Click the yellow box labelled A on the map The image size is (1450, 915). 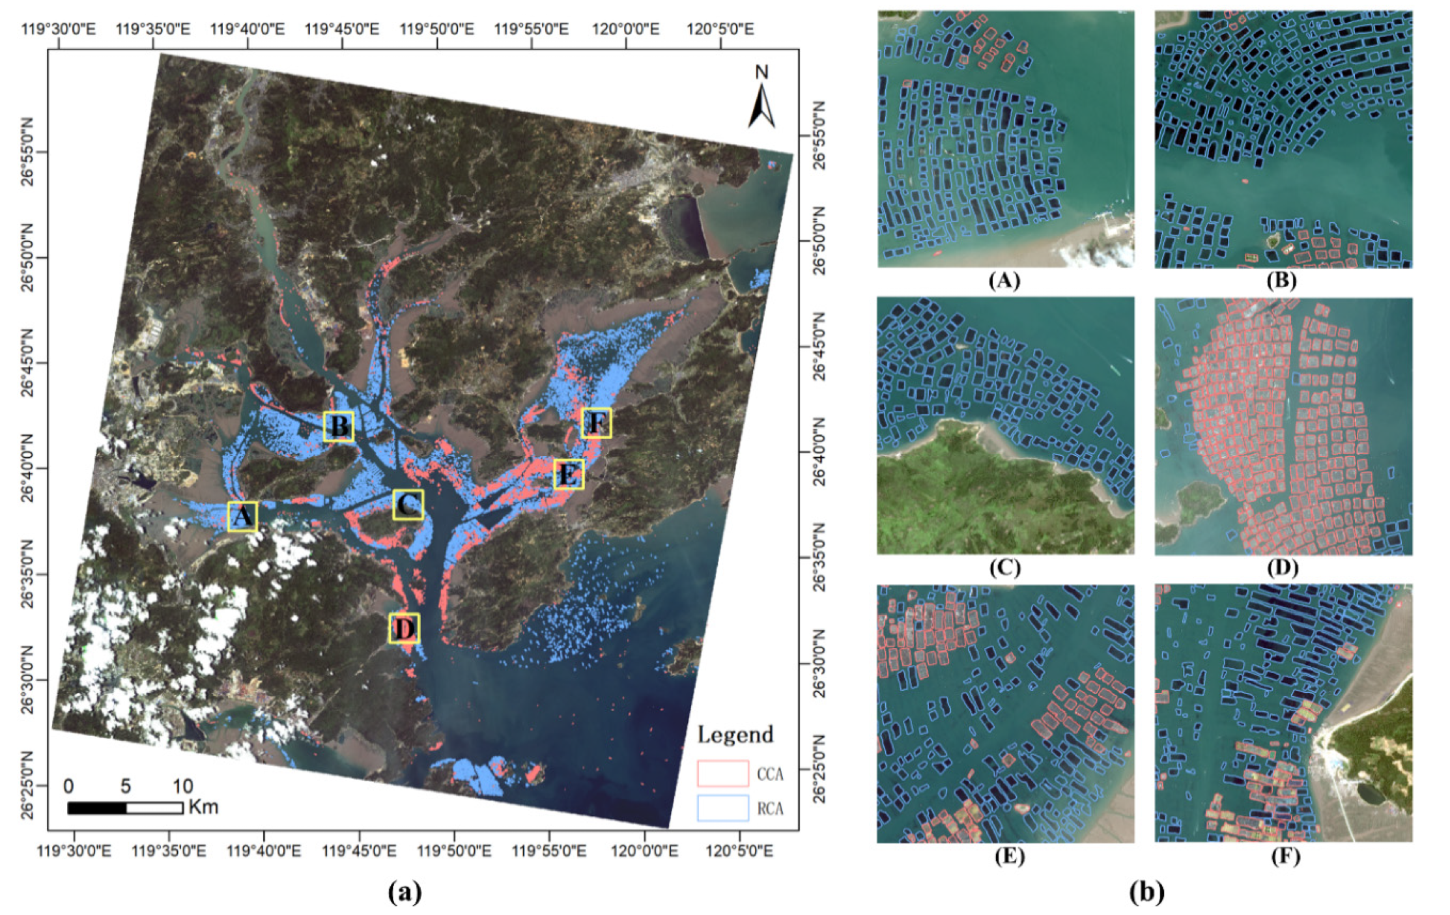[x=242, y=516]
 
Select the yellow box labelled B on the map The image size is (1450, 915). [x=339, y=427]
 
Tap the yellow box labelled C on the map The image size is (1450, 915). [x=408, y=505]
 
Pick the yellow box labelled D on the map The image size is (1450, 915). [x=404, y=628]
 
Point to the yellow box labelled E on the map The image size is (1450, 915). [x=569, y=474]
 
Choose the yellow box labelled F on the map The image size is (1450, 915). [x=596, y=423]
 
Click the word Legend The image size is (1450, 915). [x=735, y=735]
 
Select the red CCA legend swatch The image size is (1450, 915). [x=722, y=774]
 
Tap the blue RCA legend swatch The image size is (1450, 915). [x=722, y=808]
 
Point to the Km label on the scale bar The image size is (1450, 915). [x=203, y=808]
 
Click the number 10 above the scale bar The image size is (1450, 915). [x=182, y=786]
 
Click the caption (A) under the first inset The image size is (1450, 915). [x=1004, y=281]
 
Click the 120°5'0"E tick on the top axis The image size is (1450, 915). [x=721, y=29]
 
